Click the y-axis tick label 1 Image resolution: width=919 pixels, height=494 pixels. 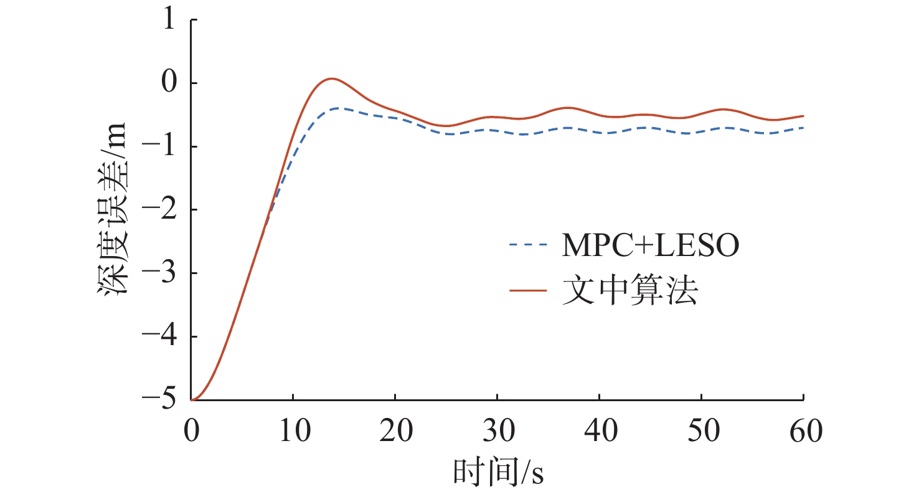click(169, 19)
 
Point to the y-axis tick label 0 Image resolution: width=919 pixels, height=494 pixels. click(169, 82)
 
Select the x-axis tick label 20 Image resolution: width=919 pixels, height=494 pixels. click(396, 430)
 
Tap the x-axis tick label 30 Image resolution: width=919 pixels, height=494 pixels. click(499, 430)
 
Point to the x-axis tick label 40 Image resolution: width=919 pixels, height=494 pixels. click(601, 430)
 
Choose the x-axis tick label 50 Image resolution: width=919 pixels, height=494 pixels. click(703, 430)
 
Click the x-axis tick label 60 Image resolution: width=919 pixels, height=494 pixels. click(806, 430)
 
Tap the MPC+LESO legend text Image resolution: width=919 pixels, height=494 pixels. click(651, 245)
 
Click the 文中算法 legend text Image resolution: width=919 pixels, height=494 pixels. click(630, 290)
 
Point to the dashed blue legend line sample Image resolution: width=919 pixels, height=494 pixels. click(528, 245)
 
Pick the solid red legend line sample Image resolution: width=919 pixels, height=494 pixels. click(528, 290)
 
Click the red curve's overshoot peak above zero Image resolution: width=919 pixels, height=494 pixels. click(331, 78)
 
